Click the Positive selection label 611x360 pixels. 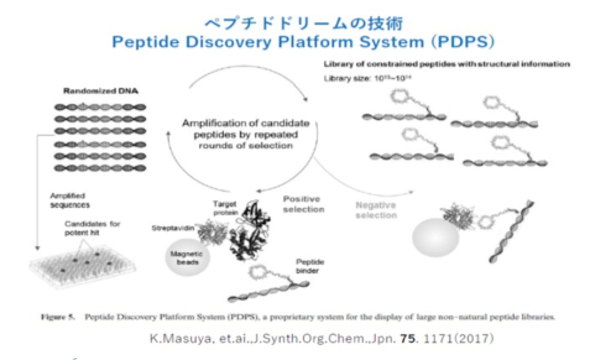coord(303,204)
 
